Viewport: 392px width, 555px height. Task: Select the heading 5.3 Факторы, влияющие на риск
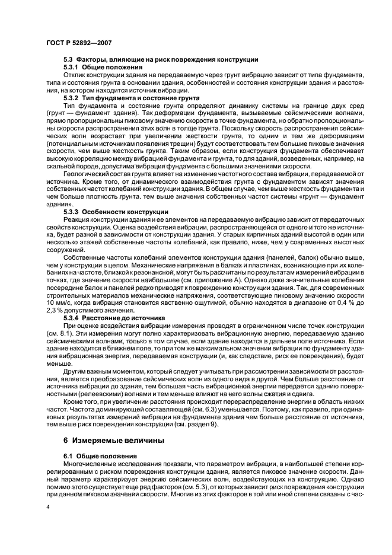click(160, 60)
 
